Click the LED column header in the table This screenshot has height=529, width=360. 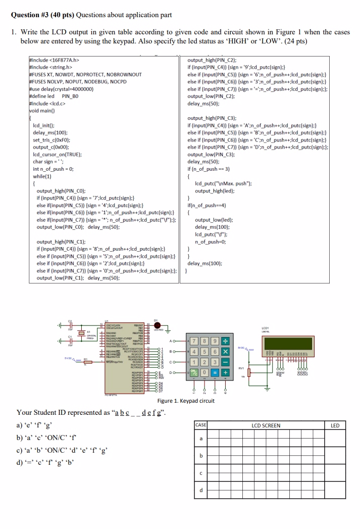tap(335, 425)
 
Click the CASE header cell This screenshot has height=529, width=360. tap(201, 425)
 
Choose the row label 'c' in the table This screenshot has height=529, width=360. tap(201, 473)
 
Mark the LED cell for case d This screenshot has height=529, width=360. tap(335, 490)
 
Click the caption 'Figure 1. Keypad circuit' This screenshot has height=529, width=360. tap(186, 401)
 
